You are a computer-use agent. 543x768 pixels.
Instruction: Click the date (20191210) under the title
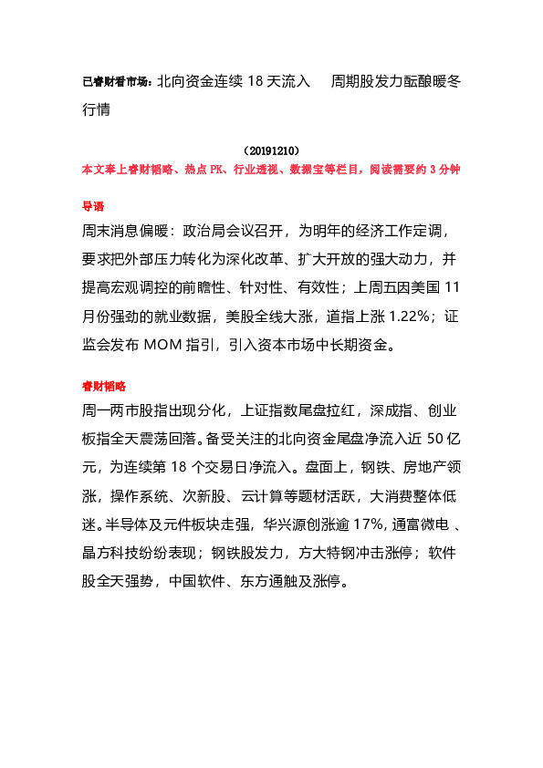coord(272,150)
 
